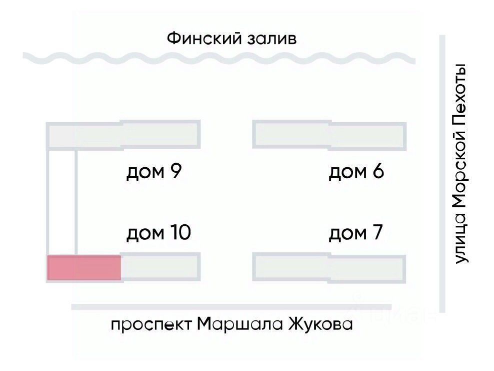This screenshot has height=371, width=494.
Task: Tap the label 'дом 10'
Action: point(158,233)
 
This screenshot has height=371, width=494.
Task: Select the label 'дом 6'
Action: point(355,172)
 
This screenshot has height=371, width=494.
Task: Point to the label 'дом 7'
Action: point(355,233)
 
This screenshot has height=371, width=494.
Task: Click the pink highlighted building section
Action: point(84,268)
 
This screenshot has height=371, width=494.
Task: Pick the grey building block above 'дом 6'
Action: point(328,135)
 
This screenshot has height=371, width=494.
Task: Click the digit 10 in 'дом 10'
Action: point(179,233)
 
